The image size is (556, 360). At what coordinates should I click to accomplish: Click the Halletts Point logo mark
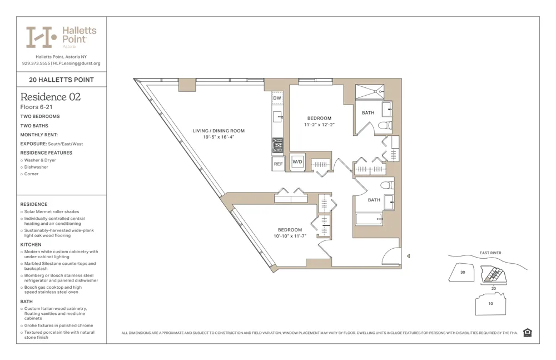point(41,37)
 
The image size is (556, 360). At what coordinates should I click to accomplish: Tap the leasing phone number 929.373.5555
point(36,63)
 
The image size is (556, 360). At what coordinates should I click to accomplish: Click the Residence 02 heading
point(51,97)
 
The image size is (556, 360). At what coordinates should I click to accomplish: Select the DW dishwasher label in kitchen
point(277,98)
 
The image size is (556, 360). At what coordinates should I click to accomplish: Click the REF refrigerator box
point(278,164)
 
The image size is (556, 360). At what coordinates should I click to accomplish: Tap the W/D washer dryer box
point(297,162)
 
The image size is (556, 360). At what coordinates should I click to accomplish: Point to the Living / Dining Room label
point(219,131)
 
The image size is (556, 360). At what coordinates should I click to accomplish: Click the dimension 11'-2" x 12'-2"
point(319,125)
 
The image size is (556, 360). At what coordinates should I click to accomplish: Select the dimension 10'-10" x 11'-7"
point(290,236)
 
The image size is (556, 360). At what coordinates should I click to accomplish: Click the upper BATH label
point(368,113)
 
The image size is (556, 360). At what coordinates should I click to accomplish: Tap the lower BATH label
point(374,200)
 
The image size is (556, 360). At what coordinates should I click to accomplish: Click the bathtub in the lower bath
point(369,219)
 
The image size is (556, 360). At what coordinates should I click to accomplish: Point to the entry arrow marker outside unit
point(409,256)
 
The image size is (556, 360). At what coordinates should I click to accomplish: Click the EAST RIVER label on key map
point(490,253)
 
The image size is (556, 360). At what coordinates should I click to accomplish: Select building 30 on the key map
point(462,273)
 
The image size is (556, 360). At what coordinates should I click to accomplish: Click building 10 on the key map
point(490,304)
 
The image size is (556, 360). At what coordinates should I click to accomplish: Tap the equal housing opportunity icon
point(527,333)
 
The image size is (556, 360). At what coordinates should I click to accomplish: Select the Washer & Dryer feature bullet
point(40,160)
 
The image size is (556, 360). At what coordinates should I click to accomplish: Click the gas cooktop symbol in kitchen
point(277,145)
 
